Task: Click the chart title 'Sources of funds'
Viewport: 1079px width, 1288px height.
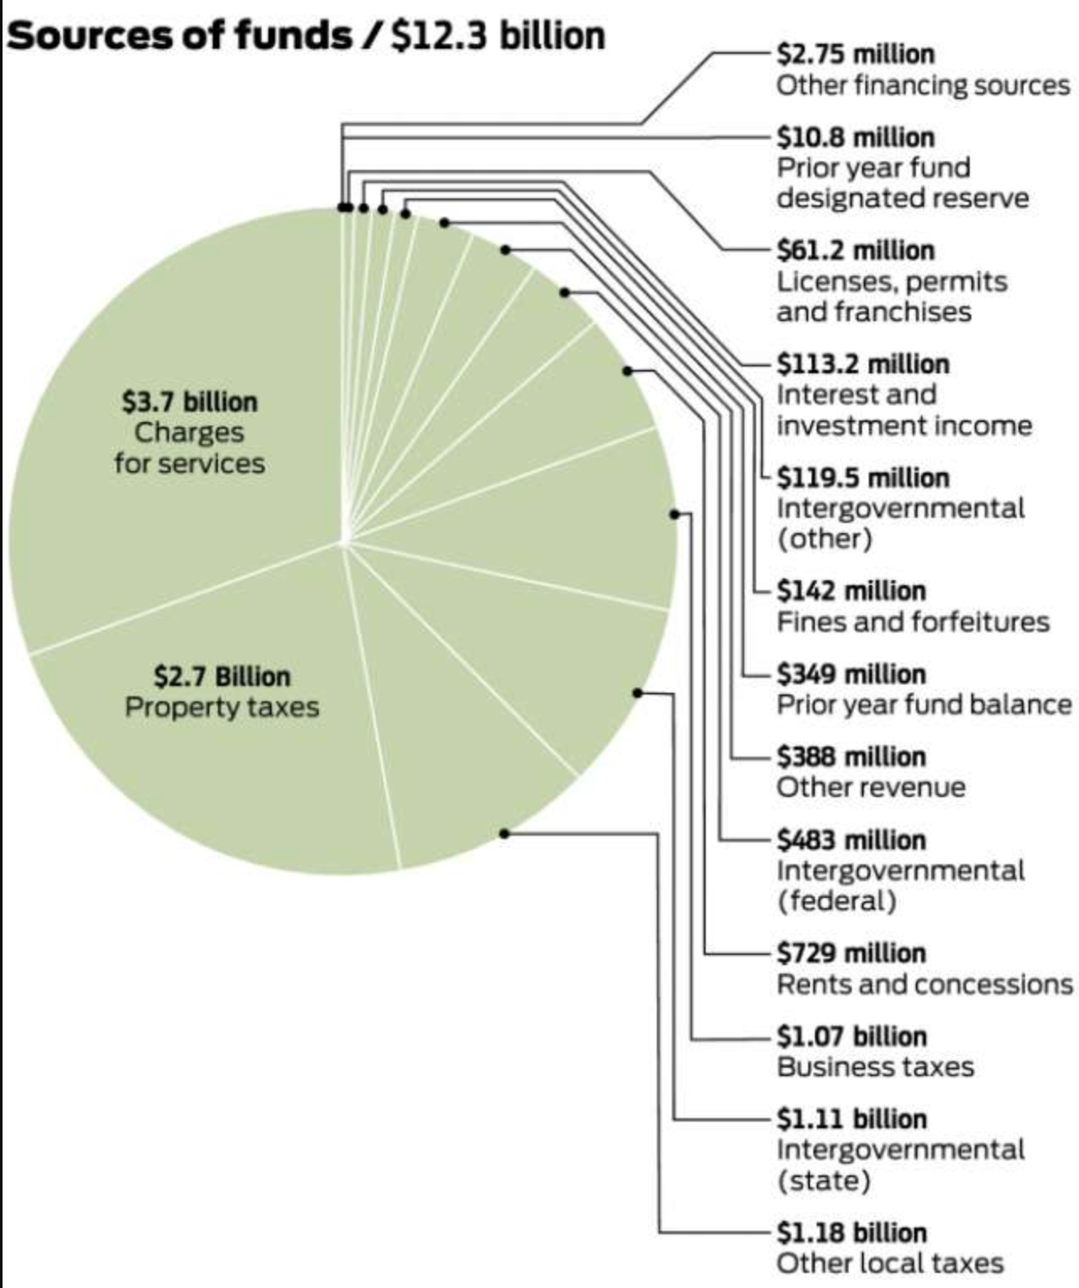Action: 178,35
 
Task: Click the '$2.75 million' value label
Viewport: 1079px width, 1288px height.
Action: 855,55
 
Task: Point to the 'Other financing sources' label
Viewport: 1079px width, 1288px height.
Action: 923,85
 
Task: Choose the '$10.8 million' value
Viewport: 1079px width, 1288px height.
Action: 855,137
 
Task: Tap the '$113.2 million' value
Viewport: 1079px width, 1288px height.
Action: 863,364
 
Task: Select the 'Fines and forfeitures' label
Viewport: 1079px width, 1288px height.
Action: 912,621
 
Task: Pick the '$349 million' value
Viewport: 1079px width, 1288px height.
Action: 851,674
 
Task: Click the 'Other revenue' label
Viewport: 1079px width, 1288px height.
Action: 870,787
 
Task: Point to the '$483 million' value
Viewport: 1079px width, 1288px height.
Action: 851,840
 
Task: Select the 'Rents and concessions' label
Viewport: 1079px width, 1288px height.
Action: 924,984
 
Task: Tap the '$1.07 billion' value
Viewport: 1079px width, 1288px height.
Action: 851,1036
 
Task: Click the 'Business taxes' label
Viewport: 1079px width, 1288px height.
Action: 875,1066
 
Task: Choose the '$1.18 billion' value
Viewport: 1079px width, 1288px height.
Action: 851,1233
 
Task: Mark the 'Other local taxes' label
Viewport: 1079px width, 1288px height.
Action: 890,1263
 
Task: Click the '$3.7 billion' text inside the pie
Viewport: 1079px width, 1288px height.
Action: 190,402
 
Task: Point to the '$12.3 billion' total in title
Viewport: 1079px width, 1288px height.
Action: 498,35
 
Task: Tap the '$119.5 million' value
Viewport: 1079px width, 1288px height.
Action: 863,478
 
